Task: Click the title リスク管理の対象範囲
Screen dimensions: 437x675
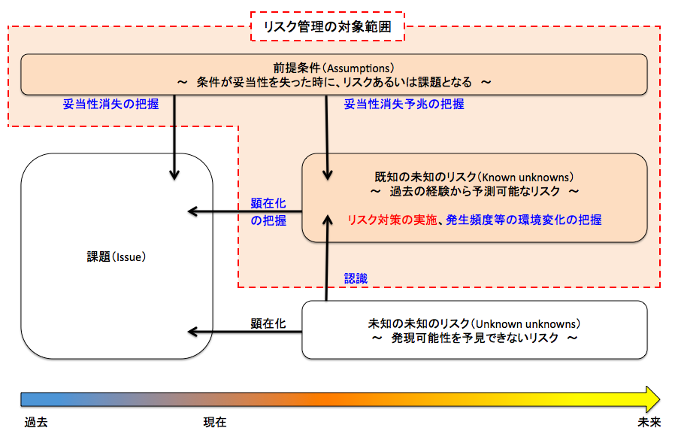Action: tap(327, 27)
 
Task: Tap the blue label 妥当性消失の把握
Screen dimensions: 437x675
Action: tap(110, 105)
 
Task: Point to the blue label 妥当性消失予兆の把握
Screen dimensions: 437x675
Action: tap(404, 105)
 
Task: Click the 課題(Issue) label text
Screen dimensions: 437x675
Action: tap(116, 256)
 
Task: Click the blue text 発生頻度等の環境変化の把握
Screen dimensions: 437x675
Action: tap(523, 220)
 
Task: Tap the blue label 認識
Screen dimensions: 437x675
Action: tap(356, 278)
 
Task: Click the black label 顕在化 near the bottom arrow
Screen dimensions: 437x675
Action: tap(268, 323)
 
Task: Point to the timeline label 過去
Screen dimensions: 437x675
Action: tap(35, 422)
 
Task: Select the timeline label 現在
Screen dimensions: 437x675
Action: tap(214, 422)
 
